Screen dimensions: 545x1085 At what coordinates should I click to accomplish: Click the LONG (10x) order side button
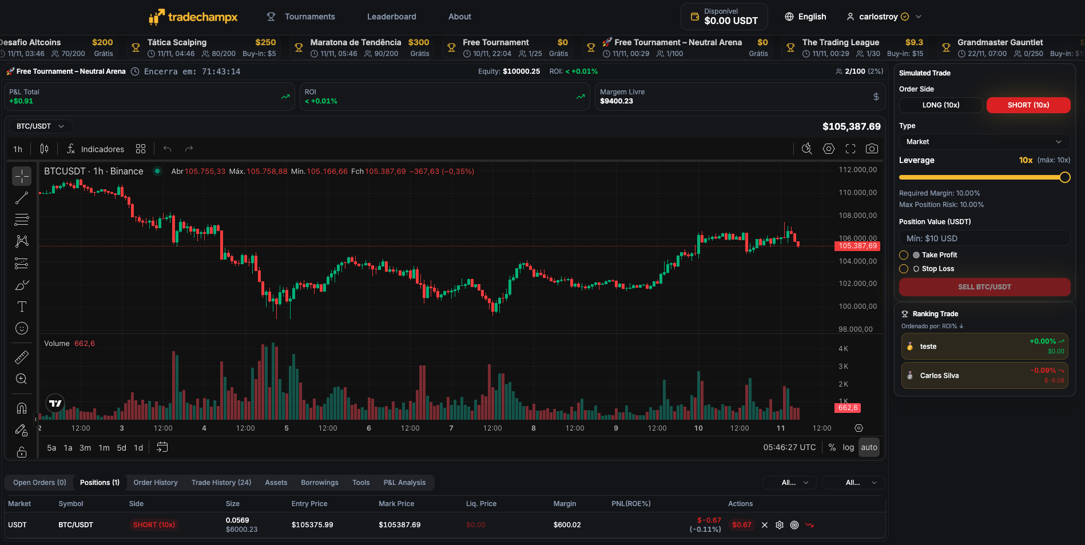click(940, 105)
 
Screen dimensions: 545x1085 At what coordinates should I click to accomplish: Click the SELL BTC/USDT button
click(984, 287)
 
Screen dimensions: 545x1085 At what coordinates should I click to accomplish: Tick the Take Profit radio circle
click(904, 255)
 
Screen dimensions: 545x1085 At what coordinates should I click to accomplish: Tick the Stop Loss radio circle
click(904, 269)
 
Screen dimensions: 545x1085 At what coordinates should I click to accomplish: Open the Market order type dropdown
click(984, 142)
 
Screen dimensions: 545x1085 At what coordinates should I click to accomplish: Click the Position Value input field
click(984, 238)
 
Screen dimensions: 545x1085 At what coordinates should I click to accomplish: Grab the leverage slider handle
click(1064, 177)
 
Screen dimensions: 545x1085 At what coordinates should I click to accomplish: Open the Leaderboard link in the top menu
click(391, 17)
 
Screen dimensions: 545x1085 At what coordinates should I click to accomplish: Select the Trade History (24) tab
click(221, 483)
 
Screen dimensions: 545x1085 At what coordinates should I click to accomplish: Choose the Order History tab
click(156, 483)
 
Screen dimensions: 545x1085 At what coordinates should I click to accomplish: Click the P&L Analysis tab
click(404, 483)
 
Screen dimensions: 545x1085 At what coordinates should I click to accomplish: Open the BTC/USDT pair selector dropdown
click(40, 126)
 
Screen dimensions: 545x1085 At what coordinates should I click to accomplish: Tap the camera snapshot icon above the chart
click(872, 149)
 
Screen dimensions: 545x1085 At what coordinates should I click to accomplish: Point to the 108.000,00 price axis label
click(857, 216)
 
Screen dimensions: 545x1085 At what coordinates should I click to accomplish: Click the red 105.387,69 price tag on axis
click(857, 246)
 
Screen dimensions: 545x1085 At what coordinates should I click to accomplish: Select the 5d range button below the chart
click(121, 448)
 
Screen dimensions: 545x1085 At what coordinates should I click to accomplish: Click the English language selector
click(805, 17)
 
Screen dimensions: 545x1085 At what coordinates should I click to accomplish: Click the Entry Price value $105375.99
click(312, 525)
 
